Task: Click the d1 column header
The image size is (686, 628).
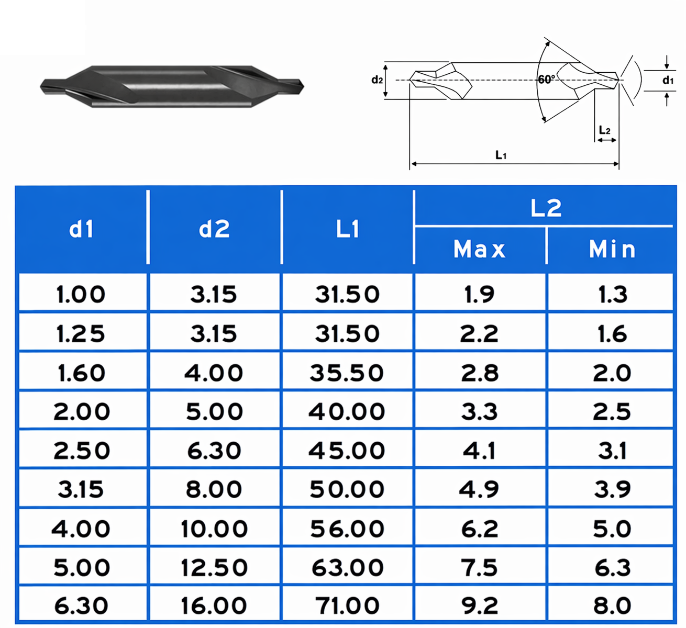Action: tap(81, 229)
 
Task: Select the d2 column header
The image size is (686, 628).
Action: tap(214, 229)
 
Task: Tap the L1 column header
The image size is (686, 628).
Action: tap(347, 229)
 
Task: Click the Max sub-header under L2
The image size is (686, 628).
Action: tap(480, 249)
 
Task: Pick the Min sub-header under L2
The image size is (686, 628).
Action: tap(612, 249)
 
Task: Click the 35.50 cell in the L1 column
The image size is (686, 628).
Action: tap(347, 373)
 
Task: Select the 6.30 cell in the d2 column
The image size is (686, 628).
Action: tap(214, 450)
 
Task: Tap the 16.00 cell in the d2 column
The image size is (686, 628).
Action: tap(214, 606)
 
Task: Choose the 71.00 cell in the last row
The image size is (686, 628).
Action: tap(347, 606)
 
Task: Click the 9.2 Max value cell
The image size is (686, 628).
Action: tap(480, 606)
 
